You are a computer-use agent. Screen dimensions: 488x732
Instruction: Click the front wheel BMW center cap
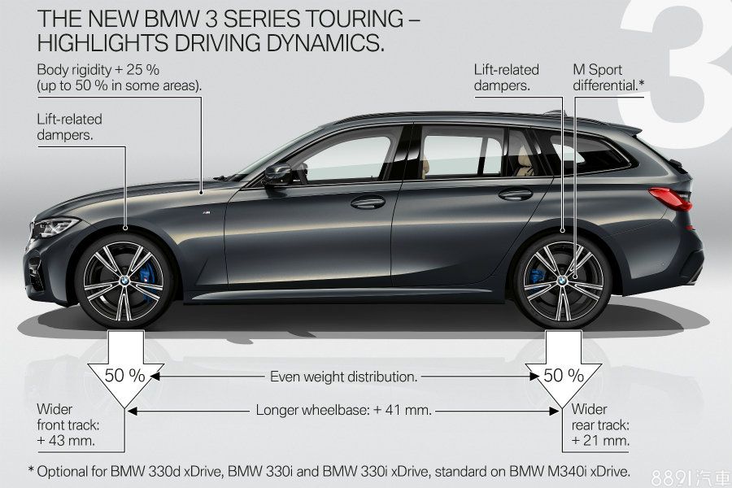click(124, 279)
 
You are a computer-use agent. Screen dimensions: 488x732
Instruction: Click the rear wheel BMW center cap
click(562, 279)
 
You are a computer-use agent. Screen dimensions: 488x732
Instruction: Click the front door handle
click(368, 201)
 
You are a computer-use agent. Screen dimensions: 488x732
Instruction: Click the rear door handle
click(515, 194)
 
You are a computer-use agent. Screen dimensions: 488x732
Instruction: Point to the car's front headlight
click(55, 225)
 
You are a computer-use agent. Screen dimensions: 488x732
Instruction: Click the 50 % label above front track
click(124, 377)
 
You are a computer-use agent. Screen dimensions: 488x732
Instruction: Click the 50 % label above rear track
click(564, 376)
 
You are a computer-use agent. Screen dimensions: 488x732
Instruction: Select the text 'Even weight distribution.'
click(344, 377)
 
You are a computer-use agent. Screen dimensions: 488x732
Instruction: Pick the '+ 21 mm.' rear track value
click(601, 441)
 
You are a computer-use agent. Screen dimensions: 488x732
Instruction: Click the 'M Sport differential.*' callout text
click(608, 76)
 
